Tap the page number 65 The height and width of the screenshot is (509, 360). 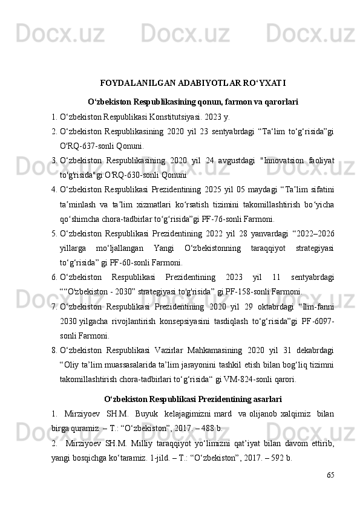click(330, 476)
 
